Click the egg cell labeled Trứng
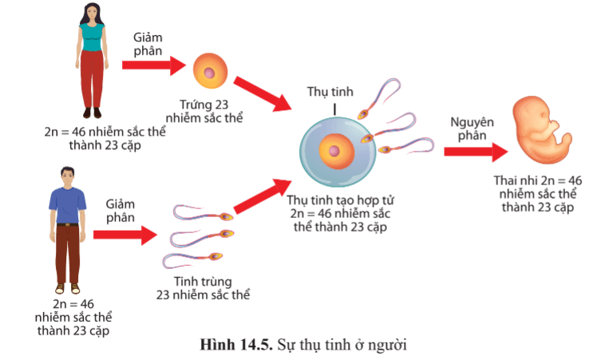pyautogui.click(x=210, y=71)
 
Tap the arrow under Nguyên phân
pyautogui.click(x=476, y=152)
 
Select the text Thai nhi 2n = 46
pyautogui.click(x=538, y=180)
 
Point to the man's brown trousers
pyautogui.click(x=68, y=255)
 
